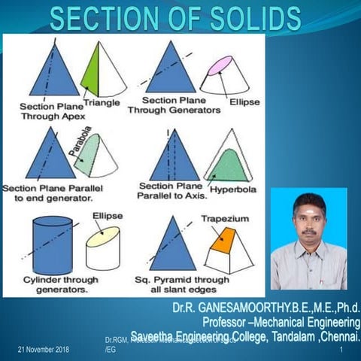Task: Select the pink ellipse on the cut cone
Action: pos(220,65)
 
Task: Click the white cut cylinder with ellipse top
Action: pos(102,249)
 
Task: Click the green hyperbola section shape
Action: pos(228,159)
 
